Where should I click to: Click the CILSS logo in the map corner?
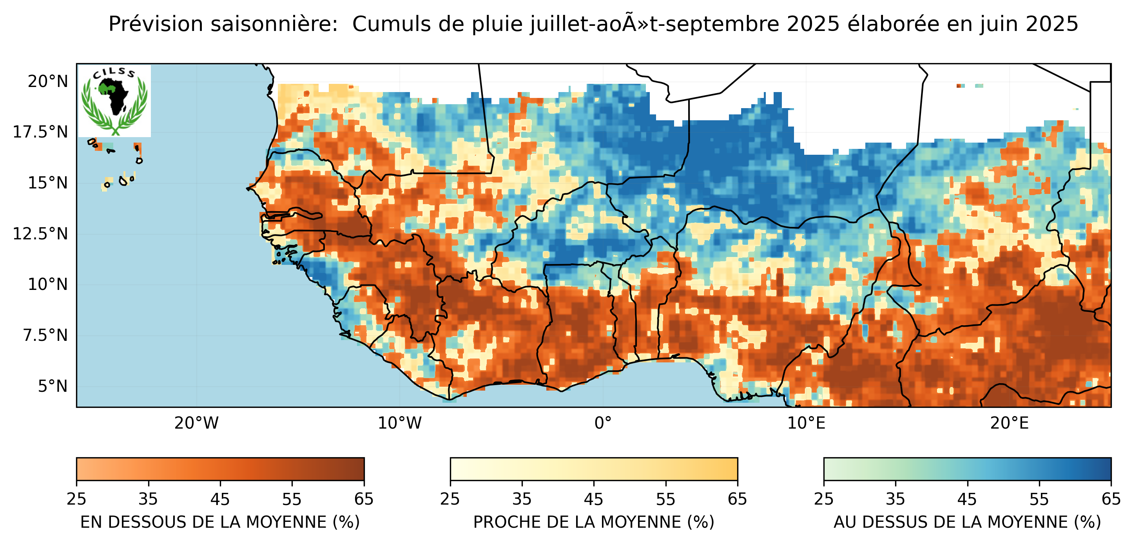pyautogui.click(x=114, y=101)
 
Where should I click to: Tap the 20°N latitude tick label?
pyautogui.click(x=48, y=81)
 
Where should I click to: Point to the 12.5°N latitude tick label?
pyautogui.click(x=40, y=234)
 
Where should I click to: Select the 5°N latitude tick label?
pyautogui.click(x=53, y=386)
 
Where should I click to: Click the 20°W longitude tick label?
pyautogui.click(x=196, y=424)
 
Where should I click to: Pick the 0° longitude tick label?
pyautogui.click(x=603, y=424)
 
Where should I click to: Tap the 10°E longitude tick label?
pyautogui.click(x=806, y=424)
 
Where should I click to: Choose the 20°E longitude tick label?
pyautogui.click(x=1010, y=424)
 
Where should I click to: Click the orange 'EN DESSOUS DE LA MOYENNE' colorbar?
pyautogui.click(x=220, y=469)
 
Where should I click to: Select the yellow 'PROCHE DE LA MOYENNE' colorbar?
pyautogui.click(x=594, y=469)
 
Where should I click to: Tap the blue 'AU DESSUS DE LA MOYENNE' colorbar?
pyautogui.click(x=967, y=469)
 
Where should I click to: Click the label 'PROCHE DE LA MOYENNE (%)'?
pyautogui.click(x=594, y=522)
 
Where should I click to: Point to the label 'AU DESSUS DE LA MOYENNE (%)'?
pyautogui.click(x=967, y=522)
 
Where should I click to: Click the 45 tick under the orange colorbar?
pyautogui.click(x=220, y=500)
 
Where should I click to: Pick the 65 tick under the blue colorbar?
pyautogui.click(x=1111, y=500)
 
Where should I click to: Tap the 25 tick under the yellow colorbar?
pyautogui.click(x=450, y=500)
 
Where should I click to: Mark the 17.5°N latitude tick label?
pyautogui.click(x=40, y=132)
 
